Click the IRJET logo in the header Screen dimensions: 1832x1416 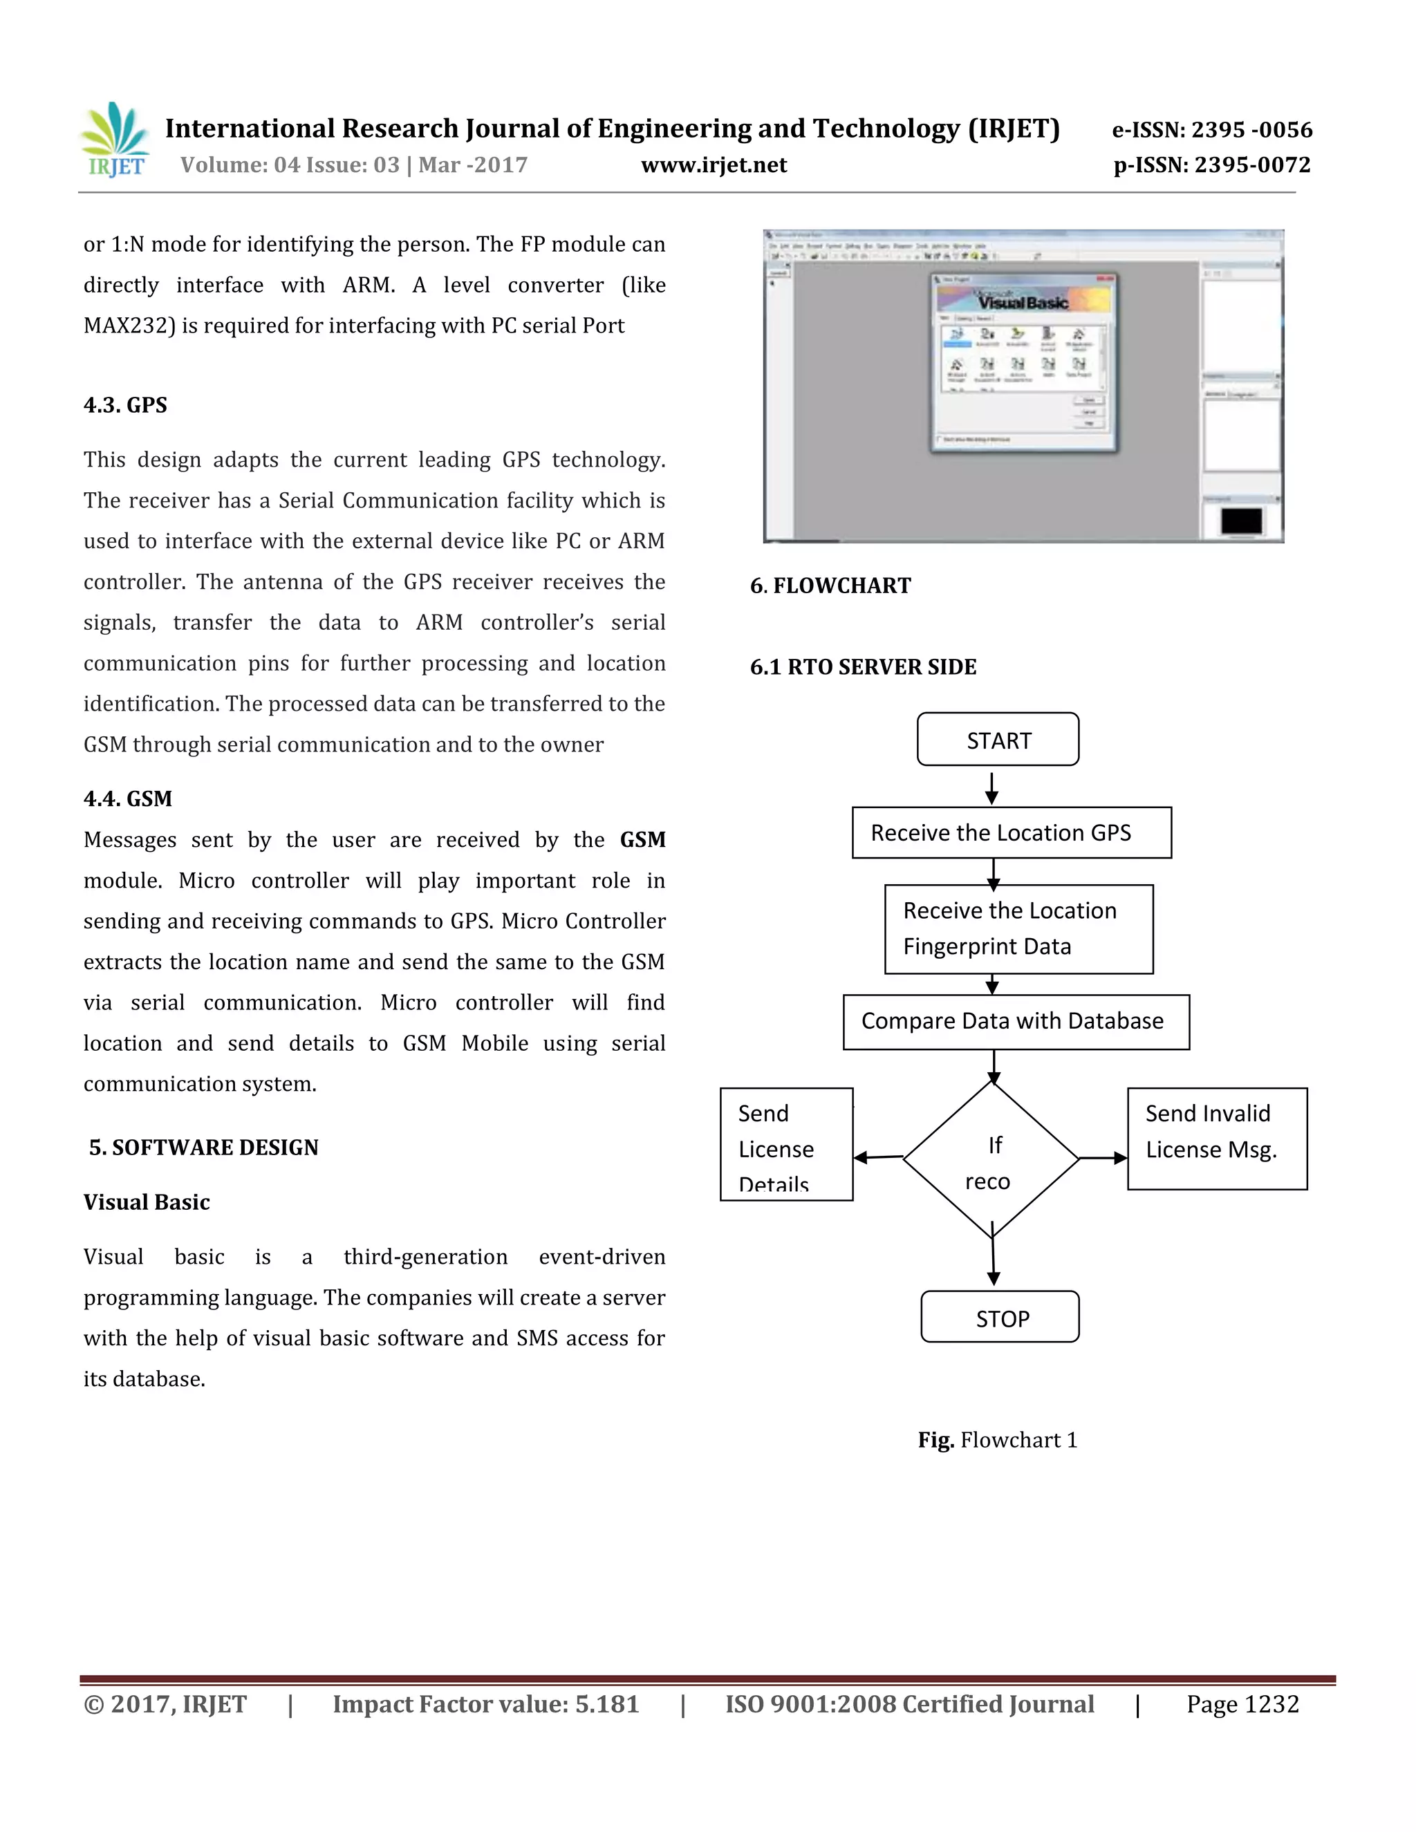115,140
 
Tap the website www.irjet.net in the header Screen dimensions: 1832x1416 714,165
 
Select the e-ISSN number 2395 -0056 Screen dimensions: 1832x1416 1212,130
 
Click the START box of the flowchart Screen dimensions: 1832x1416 998,740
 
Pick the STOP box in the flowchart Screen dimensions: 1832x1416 1000,1318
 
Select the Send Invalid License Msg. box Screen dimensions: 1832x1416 1216,1139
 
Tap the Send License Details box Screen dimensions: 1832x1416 786,1145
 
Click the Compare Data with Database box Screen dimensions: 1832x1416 1016,1022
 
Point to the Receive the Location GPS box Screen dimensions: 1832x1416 1011,833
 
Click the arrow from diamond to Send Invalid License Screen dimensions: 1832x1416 1103,1159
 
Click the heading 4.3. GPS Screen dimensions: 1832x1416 126,406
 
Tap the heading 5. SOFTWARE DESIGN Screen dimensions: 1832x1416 204,1148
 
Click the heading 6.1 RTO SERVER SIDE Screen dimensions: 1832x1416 863,667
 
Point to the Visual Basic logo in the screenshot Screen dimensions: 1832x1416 1023,300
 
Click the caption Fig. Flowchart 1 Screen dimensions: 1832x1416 998,1440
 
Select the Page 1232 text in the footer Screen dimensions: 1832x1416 1242,1705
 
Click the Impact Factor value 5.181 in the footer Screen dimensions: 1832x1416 485,1705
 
